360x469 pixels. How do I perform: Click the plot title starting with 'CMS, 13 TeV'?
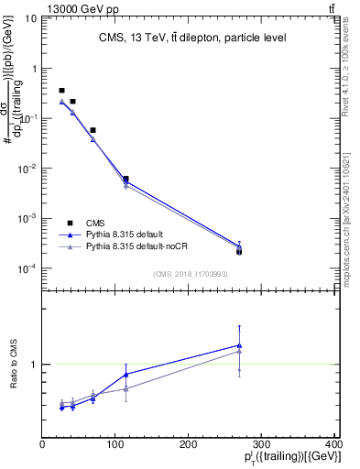[191, 38]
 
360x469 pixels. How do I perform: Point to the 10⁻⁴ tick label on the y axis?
[28, 268]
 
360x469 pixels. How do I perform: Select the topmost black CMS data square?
[61, 91]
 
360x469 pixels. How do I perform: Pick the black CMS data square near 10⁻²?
[125, 179]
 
